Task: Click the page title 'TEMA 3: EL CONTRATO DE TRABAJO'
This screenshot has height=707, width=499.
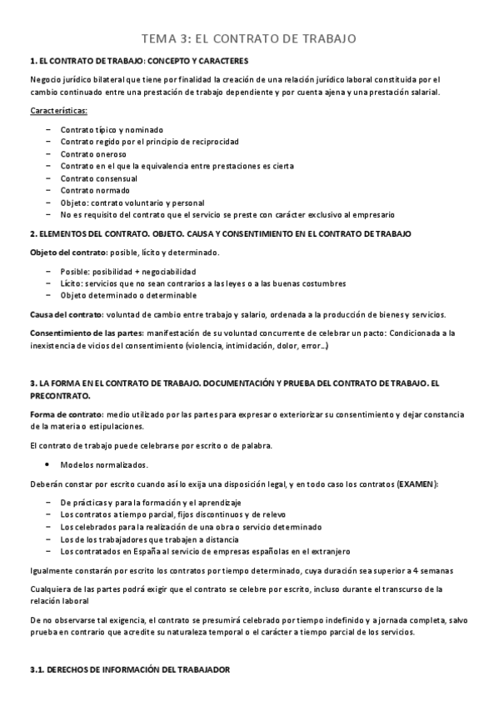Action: (249, 38)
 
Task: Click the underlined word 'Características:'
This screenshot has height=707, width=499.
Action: (58, 111)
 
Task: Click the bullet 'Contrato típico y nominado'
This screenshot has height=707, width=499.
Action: (112, 130)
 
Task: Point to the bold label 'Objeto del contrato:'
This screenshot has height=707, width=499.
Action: (67, 253)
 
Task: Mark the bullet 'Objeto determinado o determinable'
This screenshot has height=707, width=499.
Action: (128, 295)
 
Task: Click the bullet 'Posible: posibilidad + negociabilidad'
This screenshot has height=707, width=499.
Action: (128, 271)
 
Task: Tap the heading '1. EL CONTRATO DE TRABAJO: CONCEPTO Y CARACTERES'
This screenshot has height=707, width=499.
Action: (138, 62)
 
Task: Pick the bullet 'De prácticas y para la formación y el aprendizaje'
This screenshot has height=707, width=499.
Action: (151, 503)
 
